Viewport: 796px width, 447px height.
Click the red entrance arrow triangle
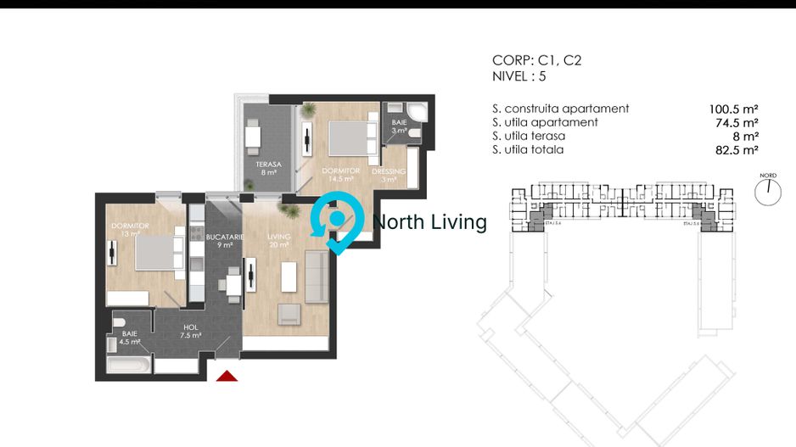pos(227,376)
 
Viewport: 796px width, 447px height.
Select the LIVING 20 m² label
pos(278,241)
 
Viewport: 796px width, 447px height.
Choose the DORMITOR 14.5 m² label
pos(341,175)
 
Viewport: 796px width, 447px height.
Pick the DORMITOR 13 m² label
pos(130,230)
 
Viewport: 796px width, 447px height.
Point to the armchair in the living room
pos(289,314)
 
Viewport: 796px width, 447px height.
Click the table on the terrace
pos(254,136)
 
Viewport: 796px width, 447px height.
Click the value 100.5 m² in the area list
pos(732,109)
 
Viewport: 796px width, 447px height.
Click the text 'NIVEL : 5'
pos(519,75)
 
